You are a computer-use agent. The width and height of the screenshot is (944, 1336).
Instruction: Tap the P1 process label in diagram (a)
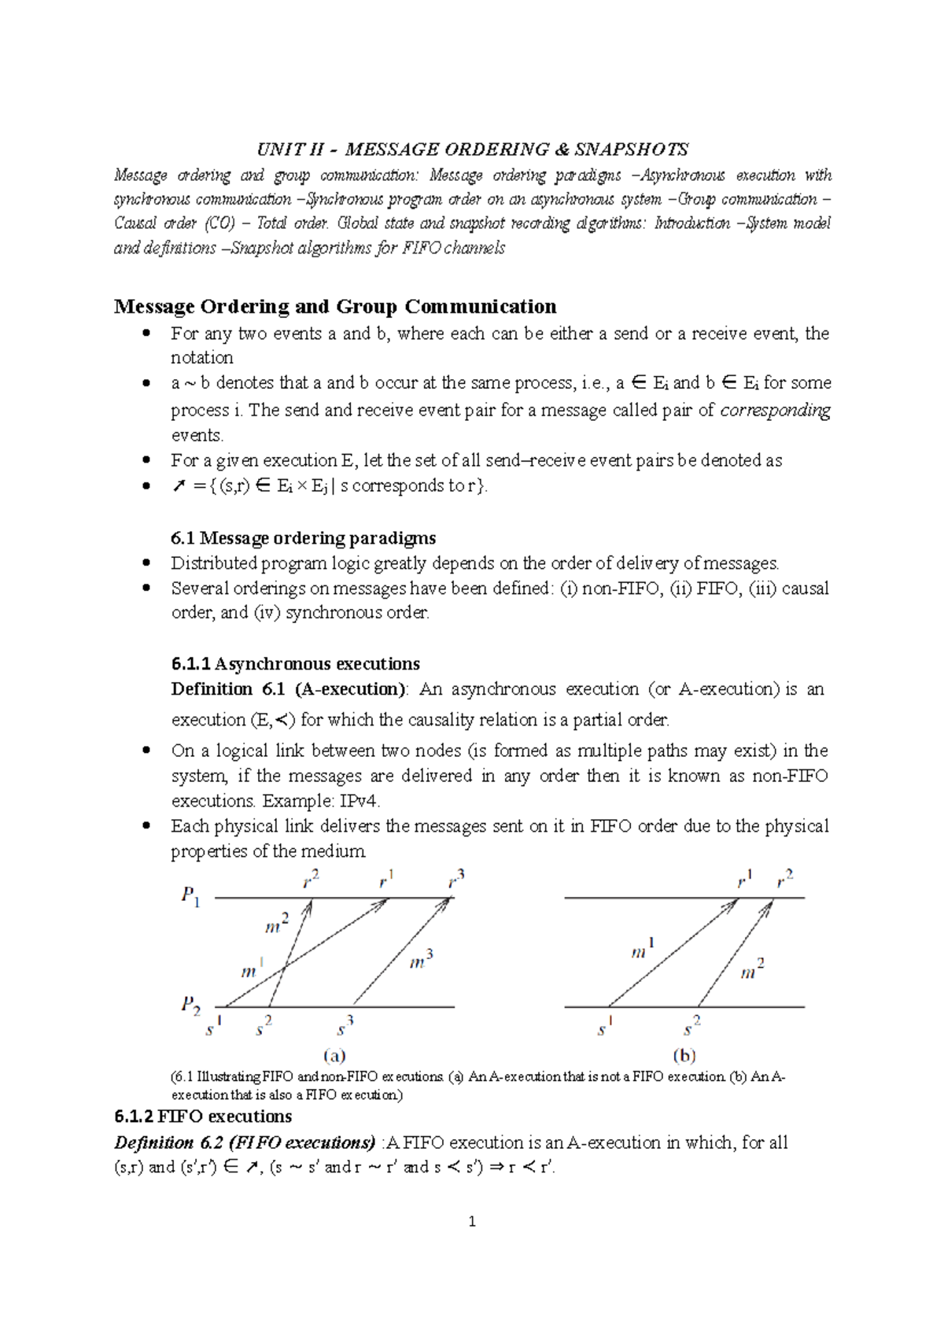point(190,895)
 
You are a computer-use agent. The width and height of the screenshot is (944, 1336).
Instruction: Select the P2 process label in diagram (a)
point(190,1005)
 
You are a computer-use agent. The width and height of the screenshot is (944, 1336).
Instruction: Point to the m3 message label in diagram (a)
point(421,960)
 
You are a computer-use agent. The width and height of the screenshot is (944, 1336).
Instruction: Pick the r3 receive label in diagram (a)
point(456,879)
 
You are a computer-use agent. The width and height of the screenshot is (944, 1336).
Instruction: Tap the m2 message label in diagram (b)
point(752,969)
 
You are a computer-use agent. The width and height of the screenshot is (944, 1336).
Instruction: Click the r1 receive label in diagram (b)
point(744,879)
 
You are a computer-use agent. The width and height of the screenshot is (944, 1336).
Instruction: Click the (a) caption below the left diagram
point(334,1055)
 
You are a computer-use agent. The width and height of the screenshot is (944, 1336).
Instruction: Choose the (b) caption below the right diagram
point(684,1055)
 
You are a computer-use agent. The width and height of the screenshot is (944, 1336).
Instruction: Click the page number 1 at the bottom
point(472,1221)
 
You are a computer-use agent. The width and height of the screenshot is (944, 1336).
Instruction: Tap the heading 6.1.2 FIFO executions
point(203,1116)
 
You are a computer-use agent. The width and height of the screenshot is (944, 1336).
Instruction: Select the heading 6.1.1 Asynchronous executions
point(295,663)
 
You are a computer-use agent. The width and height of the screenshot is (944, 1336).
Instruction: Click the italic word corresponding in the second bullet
point(775,410)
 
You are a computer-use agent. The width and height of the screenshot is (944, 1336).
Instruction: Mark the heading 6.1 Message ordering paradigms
point(303,538)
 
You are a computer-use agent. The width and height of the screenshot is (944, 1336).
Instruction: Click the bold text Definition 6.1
point(227,689)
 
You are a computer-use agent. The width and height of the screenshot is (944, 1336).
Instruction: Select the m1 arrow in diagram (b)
point(673,952)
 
